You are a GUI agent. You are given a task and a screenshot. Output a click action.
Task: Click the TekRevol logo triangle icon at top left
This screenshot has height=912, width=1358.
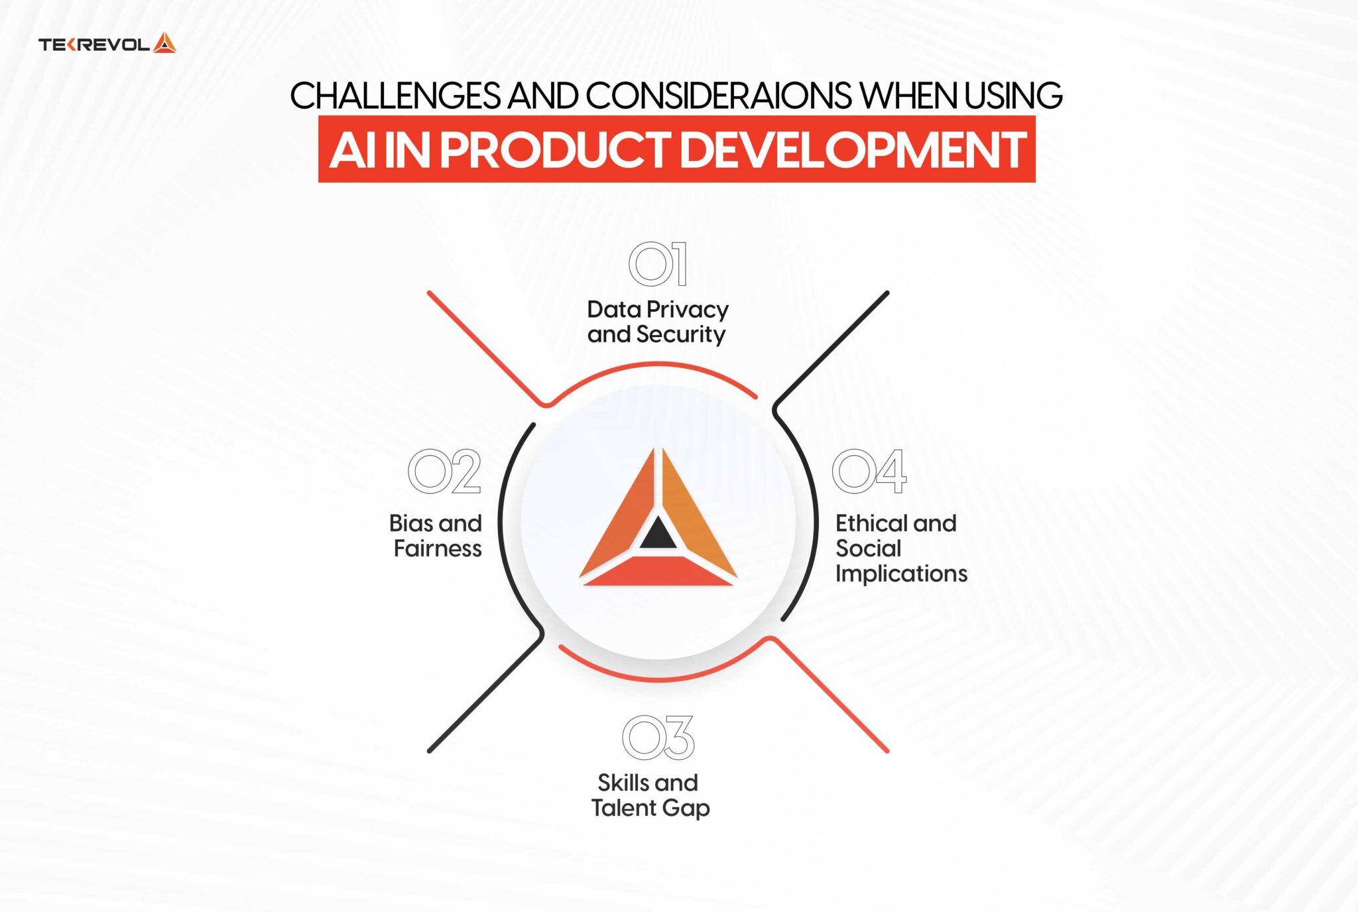coord(164,44)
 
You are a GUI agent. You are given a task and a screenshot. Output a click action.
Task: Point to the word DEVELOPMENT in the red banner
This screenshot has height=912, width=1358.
coord(853,150)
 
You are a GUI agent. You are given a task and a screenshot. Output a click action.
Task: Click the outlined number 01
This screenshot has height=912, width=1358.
coord(658,264)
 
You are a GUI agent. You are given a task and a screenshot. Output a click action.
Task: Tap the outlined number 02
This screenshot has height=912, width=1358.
coord(444,472)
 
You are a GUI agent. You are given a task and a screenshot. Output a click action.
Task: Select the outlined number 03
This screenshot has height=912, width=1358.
coord(658,738)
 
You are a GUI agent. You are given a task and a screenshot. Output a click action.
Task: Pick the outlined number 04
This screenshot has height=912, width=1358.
coord(869,472)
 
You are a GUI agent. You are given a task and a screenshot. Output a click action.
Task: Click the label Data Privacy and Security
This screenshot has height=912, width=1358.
coord(657,322)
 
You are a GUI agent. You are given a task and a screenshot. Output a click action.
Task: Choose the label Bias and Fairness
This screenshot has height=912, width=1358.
coord(436,536)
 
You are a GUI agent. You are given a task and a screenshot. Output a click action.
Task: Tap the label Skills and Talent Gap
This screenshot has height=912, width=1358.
coord(650,795)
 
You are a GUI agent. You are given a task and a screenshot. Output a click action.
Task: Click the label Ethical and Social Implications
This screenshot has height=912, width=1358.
coord(900,548)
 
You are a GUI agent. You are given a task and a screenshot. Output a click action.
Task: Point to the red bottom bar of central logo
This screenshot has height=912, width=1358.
coord(658,571)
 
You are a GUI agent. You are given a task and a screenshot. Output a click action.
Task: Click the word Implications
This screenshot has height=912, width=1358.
coord(901,574)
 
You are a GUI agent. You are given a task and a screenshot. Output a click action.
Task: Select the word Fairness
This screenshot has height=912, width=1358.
coord(438,549)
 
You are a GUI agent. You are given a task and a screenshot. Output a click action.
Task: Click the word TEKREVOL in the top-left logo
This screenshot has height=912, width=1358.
coord(93,45)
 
